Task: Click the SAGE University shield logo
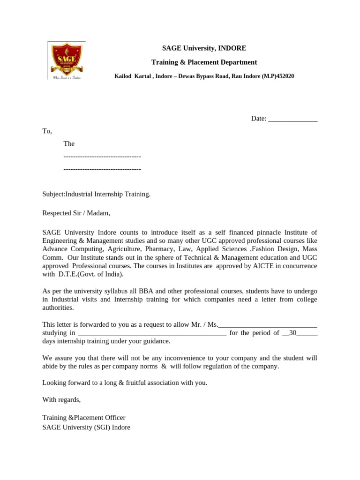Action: pyautogui.click(x=67, y=60)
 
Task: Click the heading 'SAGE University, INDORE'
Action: pyautogui.click(x=204, y=48)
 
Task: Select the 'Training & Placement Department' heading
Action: pyautogui.click(x=204, y=62)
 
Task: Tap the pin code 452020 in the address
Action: pyautogui.click(x=285, y=76)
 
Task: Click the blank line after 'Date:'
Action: pyautogui.click(x=292, y=119)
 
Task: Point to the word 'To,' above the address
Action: pyautogui.click(x=47, y=131)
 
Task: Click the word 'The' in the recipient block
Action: pyautogui.click(x=69, y=144)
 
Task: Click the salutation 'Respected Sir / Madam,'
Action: pyautogui.click(x=76, y=213)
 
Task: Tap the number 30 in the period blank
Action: pyautogui.click(x=293, y=333)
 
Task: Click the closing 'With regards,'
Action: pyautogui.click(x=61, y=400)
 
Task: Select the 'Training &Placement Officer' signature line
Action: pyautogui.click(x=84, y=418)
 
